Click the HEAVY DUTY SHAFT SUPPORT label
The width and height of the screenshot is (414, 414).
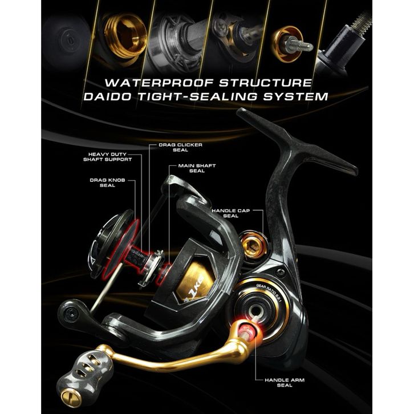(111, 157)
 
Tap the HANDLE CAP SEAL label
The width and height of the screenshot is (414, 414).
(232, 213)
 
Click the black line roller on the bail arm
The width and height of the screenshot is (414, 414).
(76, 311)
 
